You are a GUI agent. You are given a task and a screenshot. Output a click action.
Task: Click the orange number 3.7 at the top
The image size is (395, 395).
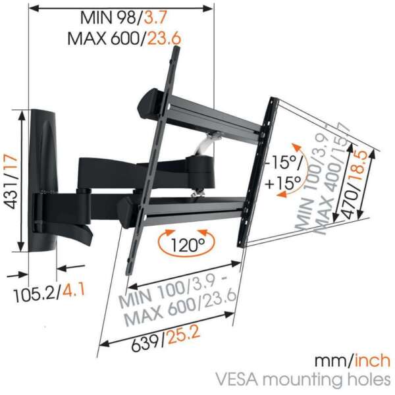pyautogui.click(x=155, y=18)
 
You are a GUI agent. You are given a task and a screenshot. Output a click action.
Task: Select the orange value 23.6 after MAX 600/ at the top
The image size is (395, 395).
pyautogui.click(x=164, y=39)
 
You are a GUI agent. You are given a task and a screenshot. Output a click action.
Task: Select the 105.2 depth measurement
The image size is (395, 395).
pyautogui.click(x=34, y=295)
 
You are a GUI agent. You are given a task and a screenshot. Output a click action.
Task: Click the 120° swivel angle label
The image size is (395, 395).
pyautogui.click(x=188, y=245)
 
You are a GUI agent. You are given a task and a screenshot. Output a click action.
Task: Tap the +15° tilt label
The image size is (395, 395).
pyautogui.click(x=283, y=182)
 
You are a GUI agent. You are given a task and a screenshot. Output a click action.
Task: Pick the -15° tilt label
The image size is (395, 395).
pyautogui.click(x=284, y=163)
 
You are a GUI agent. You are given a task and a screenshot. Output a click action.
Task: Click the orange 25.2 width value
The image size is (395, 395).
pyautogui.click(x=184, y=335)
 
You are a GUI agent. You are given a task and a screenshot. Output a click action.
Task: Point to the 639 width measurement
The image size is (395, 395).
pyautogui.click(x=147, y=343)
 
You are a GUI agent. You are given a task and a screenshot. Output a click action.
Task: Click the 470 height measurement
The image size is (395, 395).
pyautogui.click(x=351, y=203)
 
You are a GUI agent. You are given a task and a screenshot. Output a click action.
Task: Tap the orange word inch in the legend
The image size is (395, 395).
pyautogui.click(x=373, y=361)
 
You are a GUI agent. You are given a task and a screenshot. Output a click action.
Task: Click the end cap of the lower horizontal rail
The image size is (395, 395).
pyautogui.click(x=128, y=212)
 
